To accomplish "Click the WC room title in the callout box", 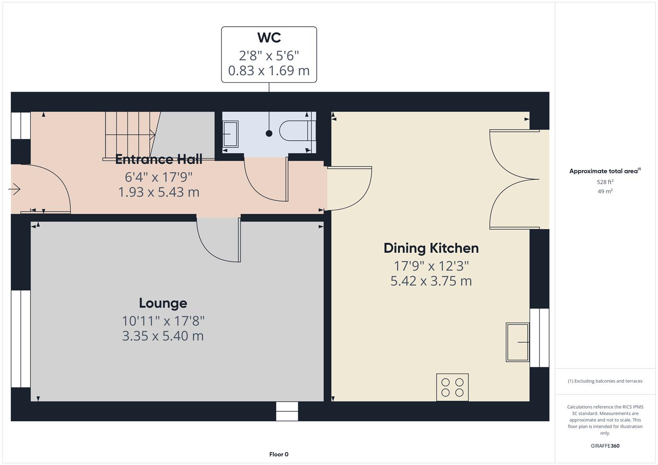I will pos(269,38).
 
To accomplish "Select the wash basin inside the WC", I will pos(230,134).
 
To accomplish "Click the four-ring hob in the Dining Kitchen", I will pos(452,387).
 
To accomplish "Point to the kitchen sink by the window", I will pos(518,342).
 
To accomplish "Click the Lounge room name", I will pos(163,303).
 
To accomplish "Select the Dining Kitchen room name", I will pos(431,248).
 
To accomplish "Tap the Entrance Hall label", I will pos(159,159).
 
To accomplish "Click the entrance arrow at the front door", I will pos(15,189).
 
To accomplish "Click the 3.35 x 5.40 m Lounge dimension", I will pos(163,336).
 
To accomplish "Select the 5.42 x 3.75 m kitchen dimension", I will pos(431,281).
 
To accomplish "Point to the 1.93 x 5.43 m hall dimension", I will pos(159,192).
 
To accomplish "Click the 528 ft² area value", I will pos(605,182).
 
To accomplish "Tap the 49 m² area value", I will pos(605,192).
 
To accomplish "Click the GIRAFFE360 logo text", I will pos(605,446).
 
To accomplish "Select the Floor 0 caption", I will pos(279,454).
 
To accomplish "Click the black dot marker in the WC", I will pos(269,133).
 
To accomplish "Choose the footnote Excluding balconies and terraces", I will pos(605,381).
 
